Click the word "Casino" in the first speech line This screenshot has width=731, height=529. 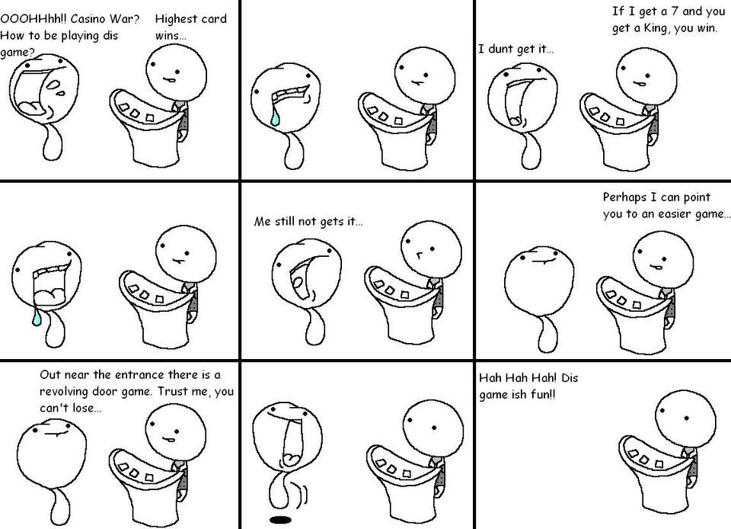tap(88, 19)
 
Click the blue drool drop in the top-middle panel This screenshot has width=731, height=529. tap(276, 117)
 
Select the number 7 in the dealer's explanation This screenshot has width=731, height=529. tap(675, 11)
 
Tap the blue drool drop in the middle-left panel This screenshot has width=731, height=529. tap(36, 317)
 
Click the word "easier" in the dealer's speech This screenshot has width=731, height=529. tap(675, 215)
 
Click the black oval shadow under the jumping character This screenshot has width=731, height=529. tap(280, 519)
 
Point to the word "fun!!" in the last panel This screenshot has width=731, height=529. tap(544, 395)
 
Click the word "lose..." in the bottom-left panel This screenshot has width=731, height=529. tap(86, 408)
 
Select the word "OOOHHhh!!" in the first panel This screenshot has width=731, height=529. tap(33, 19)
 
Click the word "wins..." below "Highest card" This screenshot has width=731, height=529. tap(170, 36)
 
